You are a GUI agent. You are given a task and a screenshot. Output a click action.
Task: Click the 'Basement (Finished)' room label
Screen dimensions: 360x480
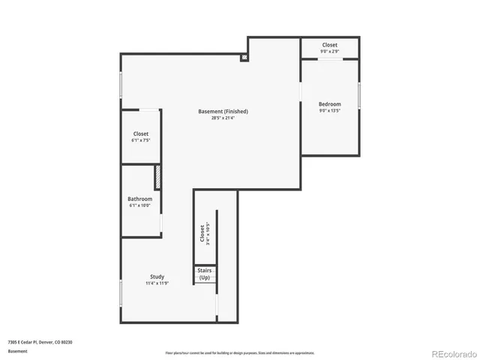223,111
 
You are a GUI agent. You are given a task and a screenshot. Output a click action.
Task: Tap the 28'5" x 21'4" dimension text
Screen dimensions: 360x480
223,118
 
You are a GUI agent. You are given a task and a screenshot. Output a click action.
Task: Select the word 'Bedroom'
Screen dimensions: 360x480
329,104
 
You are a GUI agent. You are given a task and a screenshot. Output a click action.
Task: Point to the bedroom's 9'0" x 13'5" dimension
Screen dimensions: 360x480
329,111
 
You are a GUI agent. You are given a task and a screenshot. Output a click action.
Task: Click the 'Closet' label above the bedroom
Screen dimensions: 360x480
329,45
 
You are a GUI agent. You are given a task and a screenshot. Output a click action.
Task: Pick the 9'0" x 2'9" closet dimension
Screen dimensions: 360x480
329,52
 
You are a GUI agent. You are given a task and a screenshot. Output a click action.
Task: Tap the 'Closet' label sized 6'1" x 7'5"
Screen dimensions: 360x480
140,133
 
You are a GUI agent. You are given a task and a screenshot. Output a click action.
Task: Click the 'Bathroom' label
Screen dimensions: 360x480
139,199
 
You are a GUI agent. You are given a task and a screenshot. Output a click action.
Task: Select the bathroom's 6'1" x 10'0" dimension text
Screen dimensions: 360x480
139,205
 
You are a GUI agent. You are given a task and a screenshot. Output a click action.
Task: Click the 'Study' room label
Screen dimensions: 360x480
157,277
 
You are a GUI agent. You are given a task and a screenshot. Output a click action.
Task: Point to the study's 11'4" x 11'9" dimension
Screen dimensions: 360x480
157,283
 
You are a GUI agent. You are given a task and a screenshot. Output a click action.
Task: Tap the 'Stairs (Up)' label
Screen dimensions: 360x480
205,274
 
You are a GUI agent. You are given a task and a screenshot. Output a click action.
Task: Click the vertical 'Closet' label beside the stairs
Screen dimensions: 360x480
202,233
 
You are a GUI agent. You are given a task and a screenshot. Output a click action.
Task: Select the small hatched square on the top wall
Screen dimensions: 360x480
244,56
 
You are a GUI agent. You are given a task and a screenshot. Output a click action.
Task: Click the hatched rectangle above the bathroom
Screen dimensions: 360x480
158,177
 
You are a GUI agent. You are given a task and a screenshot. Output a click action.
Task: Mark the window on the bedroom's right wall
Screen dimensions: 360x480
359,97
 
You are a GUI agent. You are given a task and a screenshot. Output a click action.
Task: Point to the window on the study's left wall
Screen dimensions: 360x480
121,292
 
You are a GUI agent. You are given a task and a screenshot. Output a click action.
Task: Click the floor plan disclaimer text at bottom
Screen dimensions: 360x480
239,352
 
